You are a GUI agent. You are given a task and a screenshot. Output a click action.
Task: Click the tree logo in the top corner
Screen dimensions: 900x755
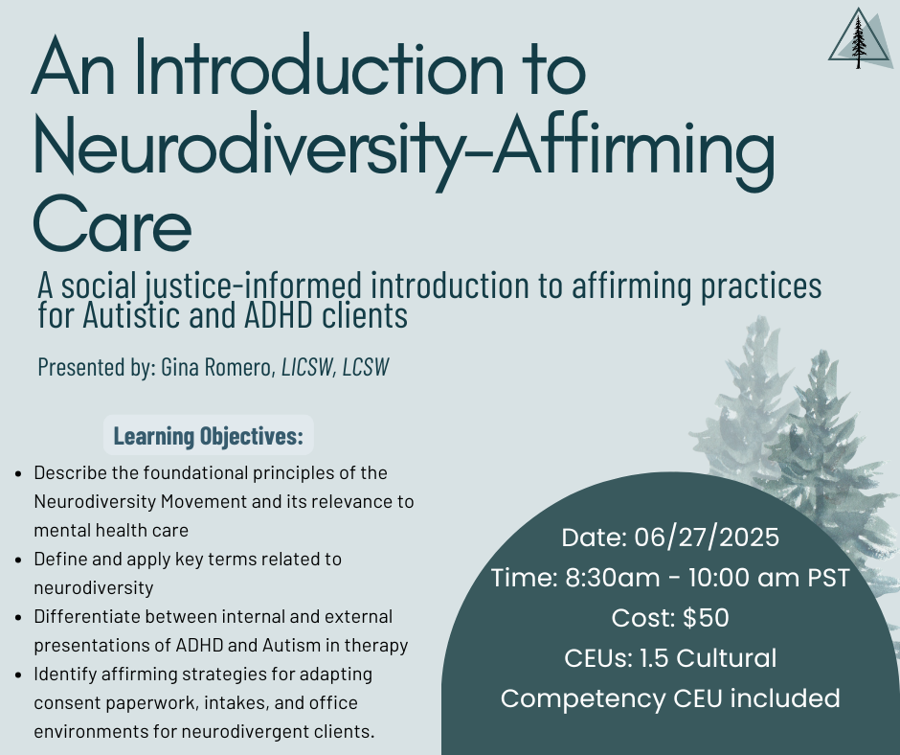coord(859,38)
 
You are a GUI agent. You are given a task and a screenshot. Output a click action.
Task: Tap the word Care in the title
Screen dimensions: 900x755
coord(112,224)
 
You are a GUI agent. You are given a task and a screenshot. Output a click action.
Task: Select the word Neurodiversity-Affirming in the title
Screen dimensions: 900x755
coord(404,148)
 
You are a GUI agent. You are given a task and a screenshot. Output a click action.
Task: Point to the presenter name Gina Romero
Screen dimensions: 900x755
coord(218,367)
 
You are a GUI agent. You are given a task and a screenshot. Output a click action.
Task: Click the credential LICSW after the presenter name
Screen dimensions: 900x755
coord(307,367)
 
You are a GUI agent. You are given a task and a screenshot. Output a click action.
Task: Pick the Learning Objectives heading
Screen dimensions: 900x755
coord(209,436)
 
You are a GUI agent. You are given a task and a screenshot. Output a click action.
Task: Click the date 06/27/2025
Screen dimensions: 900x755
coord(707,538)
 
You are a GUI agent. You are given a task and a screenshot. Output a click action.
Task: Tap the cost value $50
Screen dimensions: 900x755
coord(706,618)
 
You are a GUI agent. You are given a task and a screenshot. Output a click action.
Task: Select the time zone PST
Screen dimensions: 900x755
coord(828,578)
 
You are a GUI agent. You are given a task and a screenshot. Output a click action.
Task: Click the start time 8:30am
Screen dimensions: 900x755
coord(613,578)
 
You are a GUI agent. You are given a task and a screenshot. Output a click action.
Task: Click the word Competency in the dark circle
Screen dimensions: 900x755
coord(582,699)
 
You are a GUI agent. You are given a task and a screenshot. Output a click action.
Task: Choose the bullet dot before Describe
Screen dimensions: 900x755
coord(19,474)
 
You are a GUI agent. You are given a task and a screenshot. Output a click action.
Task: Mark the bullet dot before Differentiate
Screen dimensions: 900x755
coord(19,618)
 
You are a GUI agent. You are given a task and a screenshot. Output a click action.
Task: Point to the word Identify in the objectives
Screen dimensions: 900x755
coord(65,675)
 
